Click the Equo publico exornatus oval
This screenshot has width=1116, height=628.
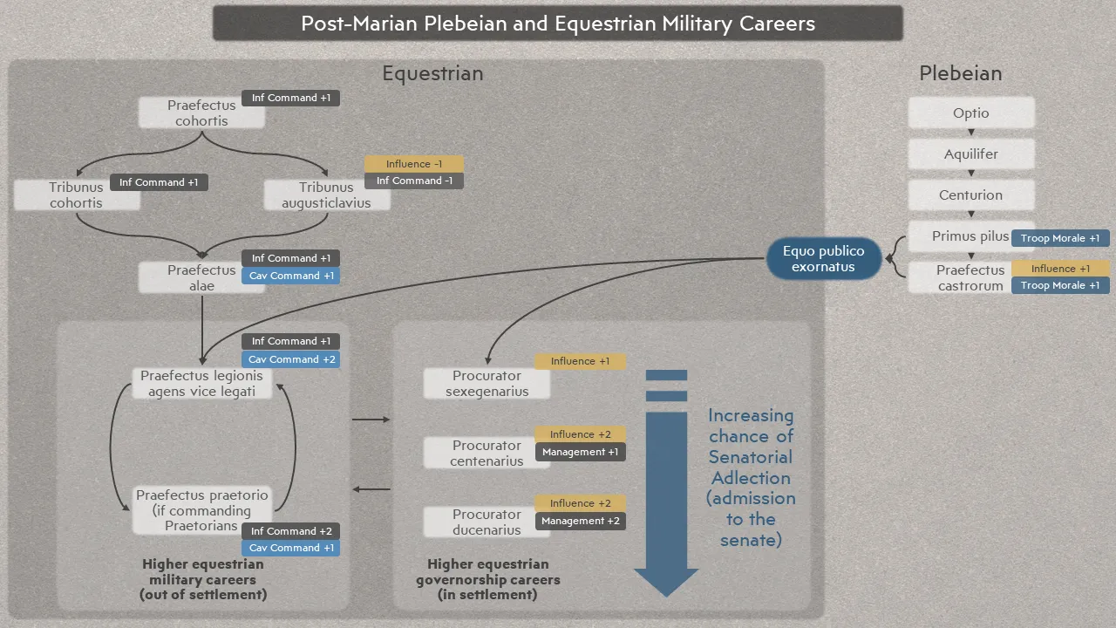pos(824,259)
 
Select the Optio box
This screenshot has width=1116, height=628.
pos(971,113)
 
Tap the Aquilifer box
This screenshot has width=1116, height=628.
pos(971,154)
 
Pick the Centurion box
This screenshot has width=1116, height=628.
pos(971,195)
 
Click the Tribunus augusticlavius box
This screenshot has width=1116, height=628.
pos(326,195)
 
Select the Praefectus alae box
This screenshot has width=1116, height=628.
pos(201,277)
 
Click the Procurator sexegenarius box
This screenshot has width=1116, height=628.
pos(487,383)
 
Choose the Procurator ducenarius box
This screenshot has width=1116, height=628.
pos(487,522)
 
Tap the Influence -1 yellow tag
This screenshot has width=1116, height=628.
pos(414,163)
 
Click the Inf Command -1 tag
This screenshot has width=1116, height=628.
pos(414,181)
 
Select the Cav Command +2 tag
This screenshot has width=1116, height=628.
pos(291,359)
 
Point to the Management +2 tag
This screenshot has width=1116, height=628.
pos(581,521)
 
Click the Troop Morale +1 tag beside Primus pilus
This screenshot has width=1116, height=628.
pos(1060,238)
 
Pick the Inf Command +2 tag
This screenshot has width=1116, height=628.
pos(291,531)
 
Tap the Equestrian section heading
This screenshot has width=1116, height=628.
pos(432,73)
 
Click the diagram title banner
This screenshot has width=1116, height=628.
pos(558,23)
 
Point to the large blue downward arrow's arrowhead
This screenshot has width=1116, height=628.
pos(666,582)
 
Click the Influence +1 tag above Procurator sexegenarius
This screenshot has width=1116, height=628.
pos(580,361)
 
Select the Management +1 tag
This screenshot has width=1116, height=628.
pos(581,452)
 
